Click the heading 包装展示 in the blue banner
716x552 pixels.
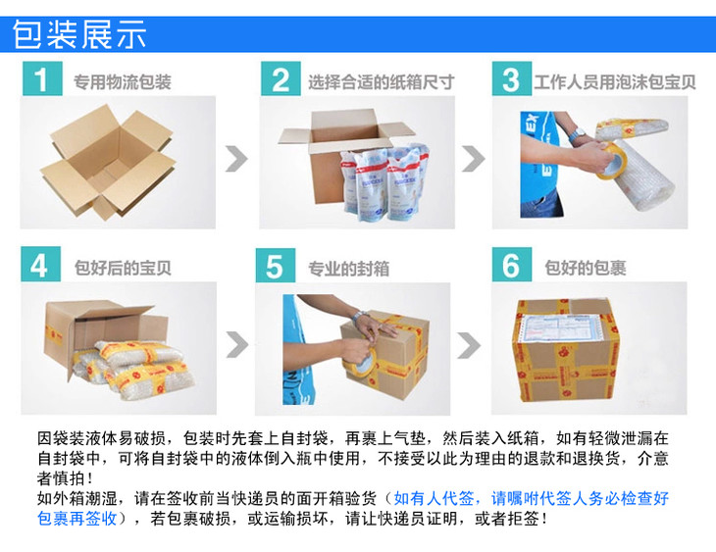79,34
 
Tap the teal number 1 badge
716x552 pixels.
42,78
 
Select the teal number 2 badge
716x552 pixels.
281,78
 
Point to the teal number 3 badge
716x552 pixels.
511,78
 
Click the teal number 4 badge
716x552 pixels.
40,264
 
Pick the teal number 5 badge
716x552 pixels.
275,266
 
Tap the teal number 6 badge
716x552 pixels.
511,265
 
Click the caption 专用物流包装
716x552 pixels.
123,82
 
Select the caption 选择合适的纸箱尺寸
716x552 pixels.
381,82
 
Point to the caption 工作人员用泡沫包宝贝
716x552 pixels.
615,82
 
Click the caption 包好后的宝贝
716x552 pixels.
123,268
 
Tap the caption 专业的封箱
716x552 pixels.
348,269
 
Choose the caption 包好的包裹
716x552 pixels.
585,268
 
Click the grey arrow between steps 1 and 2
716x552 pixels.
236,159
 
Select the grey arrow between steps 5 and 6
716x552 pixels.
469,345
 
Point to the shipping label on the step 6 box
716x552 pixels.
564,328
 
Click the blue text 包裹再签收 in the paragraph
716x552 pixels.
77,519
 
